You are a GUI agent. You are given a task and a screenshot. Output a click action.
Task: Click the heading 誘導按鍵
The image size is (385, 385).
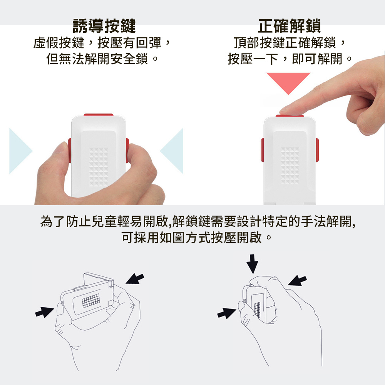click(104, 26)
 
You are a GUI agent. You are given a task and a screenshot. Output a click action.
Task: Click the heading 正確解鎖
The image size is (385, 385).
click(289, 26)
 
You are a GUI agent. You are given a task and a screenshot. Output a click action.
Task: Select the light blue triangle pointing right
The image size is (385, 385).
click(21, 151)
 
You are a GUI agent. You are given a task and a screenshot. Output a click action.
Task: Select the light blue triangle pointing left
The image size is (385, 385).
click(172, 151)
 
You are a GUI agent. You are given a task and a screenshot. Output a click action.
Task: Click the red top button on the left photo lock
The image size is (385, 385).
click(99, 115)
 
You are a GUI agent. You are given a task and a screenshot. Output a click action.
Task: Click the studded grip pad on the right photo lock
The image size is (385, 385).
click(290, 166)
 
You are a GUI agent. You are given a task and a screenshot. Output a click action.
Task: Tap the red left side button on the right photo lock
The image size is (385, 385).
click(262, 150)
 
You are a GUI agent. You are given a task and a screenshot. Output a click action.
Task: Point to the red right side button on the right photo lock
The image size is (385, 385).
click(317, 150)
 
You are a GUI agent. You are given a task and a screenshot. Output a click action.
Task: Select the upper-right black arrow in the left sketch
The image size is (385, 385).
click(135, 279)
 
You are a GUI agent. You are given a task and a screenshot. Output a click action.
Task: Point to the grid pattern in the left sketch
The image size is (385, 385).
click(91, 300)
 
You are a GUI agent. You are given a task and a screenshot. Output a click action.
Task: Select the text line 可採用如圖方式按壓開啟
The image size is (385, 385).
click(196, 238)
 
